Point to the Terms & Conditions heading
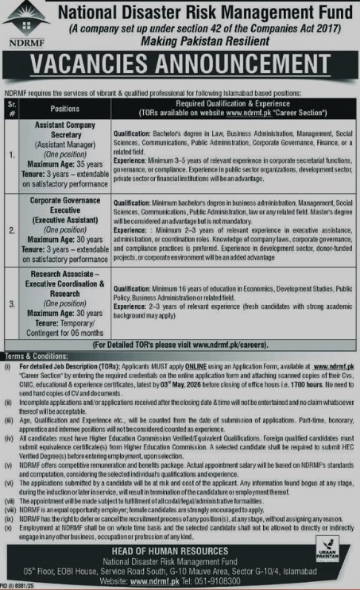click(x=33, y=334)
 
